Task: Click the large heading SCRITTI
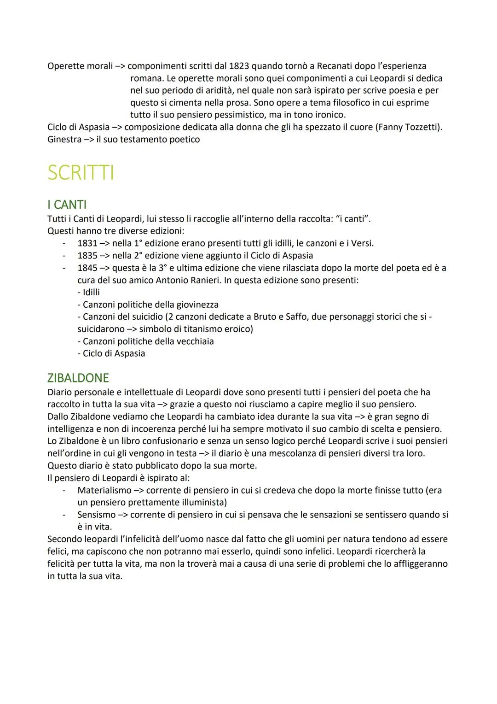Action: click(x=81, y=173)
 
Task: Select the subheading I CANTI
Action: click(x=67, y=205)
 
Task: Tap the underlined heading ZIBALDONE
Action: click(x=78, y=378)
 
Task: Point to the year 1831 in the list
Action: click(x=87, y=243)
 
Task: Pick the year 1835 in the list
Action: click(x=87, y=256)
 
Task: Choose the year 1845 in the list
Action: click(x=87, y=268)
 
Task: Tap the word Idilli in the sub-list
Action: click(x=91, y=292)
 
